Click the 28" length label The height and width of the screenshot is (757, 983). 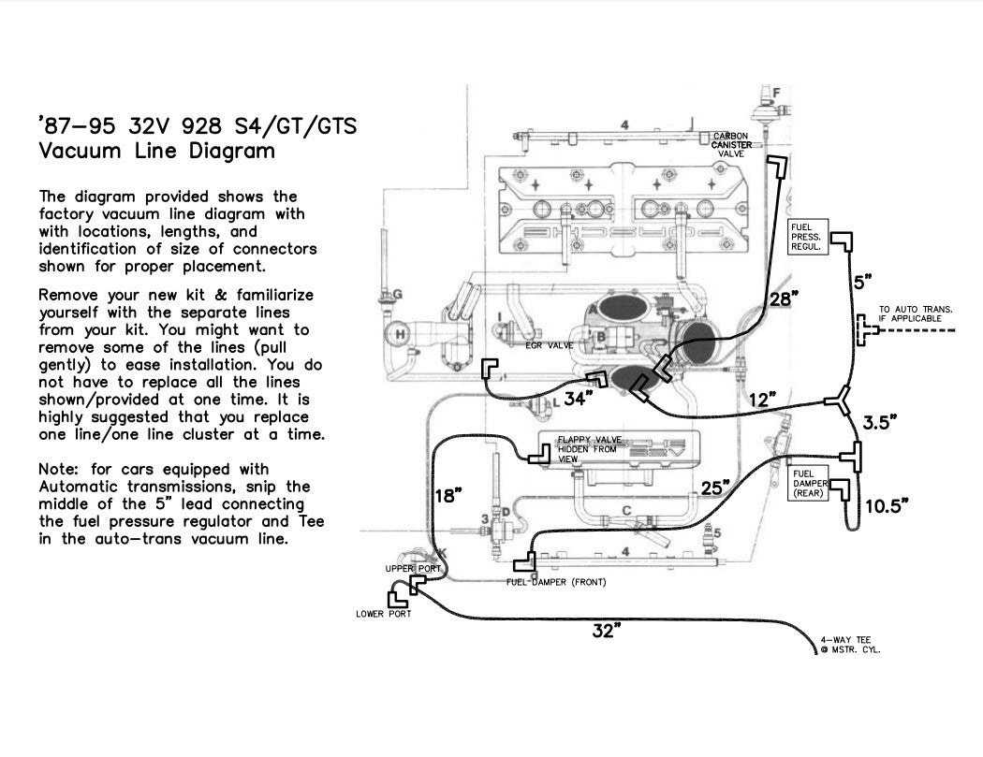(784, 299)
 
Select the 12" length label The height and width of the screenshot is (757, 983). (763, 400)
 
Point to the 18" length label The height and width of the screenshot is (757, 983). (448, 495)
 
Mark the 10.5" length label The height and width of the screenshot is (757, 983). (887, 506)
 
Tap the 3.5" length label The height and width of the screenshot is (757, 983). (881, 422)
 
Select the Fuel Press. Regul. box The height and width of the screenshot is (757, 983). (806, 238)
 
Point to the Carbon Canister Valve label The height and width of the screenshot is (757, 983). (730, 145)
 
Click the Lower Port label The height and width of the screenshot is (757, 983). (383, 614)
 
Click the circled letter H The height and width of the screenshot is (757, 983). (401, 334)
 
